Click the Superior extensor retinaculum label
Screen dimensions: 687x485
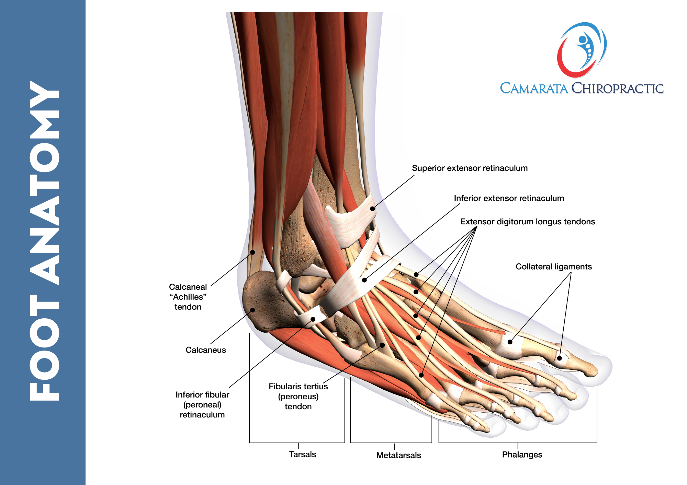[470, 168]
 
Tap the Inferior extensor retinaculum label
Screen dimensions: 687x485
[509, 198]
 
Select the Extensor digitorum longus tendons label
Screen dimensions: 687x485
[528, 222]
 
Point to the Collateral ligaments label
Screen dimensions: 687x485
[554, 267]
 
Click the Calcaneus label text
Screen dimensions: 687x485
[206, 350]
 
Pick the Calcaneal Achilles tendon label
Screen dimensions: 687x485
[188, 297]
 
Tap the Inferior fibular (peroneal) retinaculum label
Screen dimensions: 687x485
[202, 405]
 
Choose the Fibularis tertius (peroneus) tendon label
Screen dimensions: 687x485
[298, 397]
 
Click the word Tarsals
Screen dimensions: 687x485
[302, 454]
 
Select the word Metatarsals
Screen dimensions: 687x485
[398, 455]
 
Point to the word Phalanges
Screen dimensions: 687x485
[522, 454]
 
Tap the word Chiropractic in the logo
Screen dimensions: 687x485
[617, 88]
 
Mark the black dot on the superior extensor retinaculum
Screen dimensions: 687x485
[372, 209]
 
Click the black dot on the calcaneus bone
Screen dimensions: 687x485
[252, 310]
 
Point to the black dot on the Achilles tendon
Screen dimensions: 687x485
[252, 252]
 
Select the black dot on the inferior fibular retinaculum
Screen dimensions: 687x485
[313, 319]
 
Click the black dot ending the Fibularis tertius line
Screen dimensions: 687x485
[382, 345]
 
